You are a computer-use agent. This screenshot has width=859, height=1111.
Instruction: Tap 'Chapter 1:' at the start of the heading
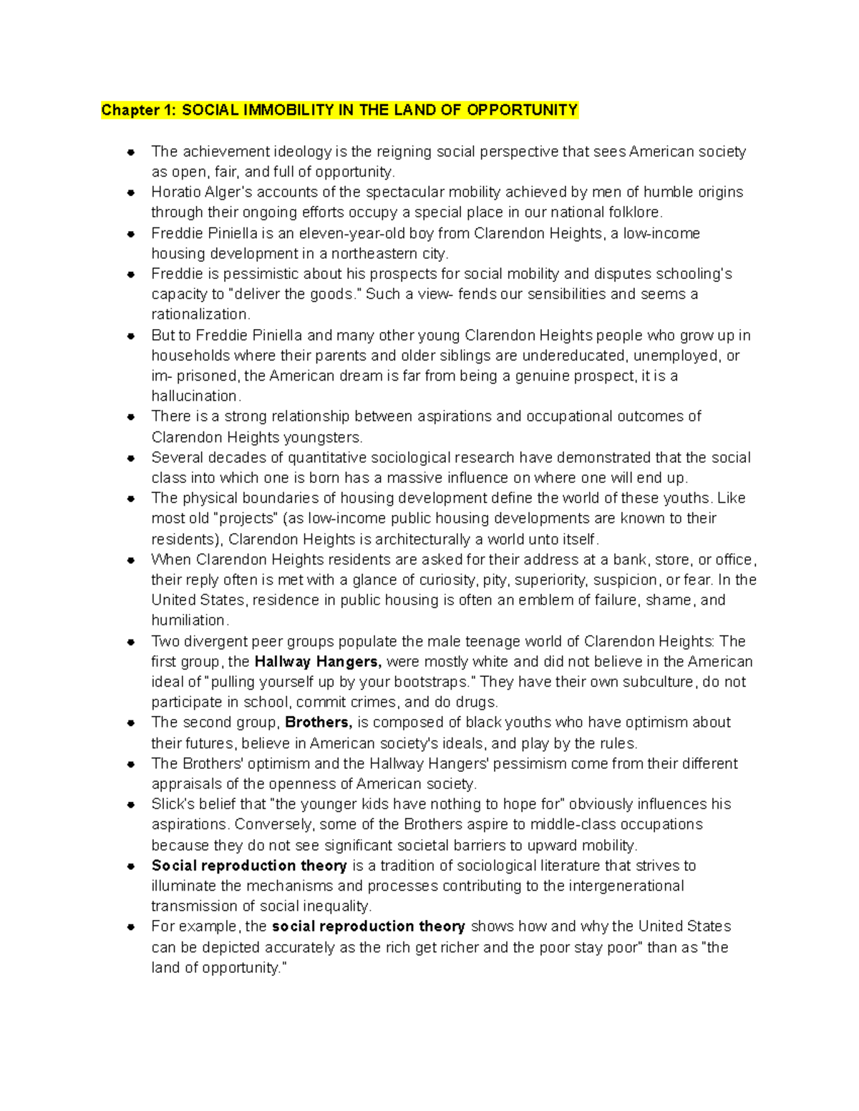pos(139,110)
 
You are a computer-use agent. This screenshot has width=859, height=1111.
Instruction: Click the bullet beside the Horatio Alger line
pos(131,192)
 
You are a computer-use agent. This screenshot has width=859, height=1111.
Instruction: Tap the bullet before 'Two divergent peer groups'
pos(131,642)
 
